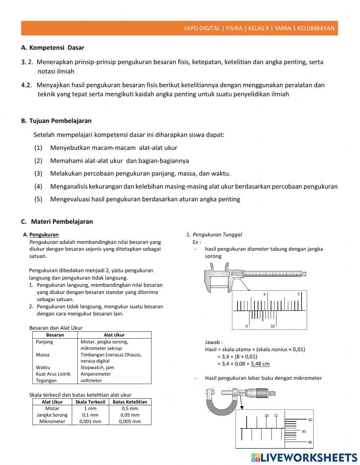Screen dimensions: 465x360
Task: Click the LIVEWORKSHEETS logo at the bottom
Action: click(x=304, y=457)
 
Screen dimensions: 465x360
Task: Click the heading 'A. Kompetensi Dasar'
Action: click(x=53, y=48)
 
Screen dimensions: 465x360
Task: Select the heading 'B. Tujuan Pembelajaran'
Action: click(x=56, y=121)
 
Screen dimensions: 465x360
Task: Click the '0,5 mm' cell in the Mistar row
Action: click(x=130, y=408)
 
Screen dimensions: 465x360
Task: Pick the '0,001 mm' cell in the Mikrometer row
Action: click(x=90, y=421)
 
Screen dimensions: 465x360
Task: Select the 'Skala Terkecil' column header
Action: click(x=90, y=402)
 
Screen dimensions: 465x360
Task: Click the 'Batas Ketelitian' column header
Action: click(x=130, y=402)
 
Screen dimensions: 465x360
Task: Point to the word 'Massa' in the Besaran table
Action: click(x=42, y=355)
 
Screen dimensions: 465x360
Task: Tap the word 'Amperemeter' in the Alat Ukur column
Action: click(x=95, y=374)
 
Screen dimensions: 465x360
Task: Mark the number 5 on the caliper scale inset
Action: click(x=298, y=294)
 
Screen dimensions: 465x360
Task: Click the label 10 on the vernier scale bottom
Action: click(x=273, y=326)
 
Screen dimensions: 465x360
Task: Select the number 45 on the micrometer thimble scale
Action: click(x=304, y=432)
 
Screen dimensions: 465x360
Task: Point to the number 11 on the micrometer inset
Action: click(x=276, y=415)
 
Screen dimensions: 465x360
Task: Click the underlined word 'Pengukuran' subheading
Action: click(x=44, y=234)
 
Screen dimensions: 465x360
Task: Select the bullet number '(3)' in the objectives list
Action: click(x=38, y=174)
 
